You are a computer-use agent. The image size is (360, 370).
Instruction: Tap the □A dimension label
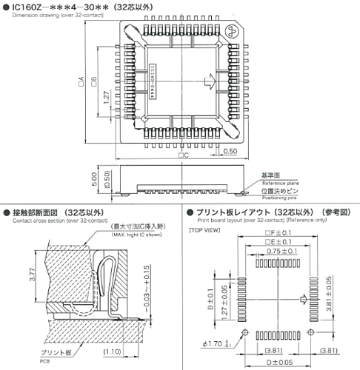point(80,87)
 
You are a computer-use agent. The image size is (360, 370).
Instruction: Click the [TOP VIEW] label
point(206,231)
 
